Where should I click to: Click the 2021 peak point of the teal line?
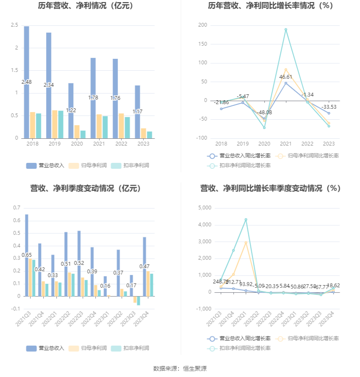(x=286, y=30)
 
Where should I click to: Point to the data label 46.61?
(x=286, y=77)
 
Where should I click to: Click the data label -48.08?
(x=264, y=113)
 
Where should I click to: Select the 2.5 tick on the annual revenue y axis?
(x=14, y=25)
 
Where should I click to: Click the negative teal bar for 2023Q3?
(x=138, y=300)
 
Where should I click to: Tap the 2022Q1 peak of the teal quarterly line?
(x=246, y=220)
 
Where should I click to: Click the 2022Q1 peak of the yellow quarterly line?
(x=246, y=242)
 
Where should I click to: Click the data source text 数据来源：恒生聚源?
(x=180, y=369)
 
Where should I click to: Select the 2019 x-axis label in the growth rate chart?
(x=242, y=143)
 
